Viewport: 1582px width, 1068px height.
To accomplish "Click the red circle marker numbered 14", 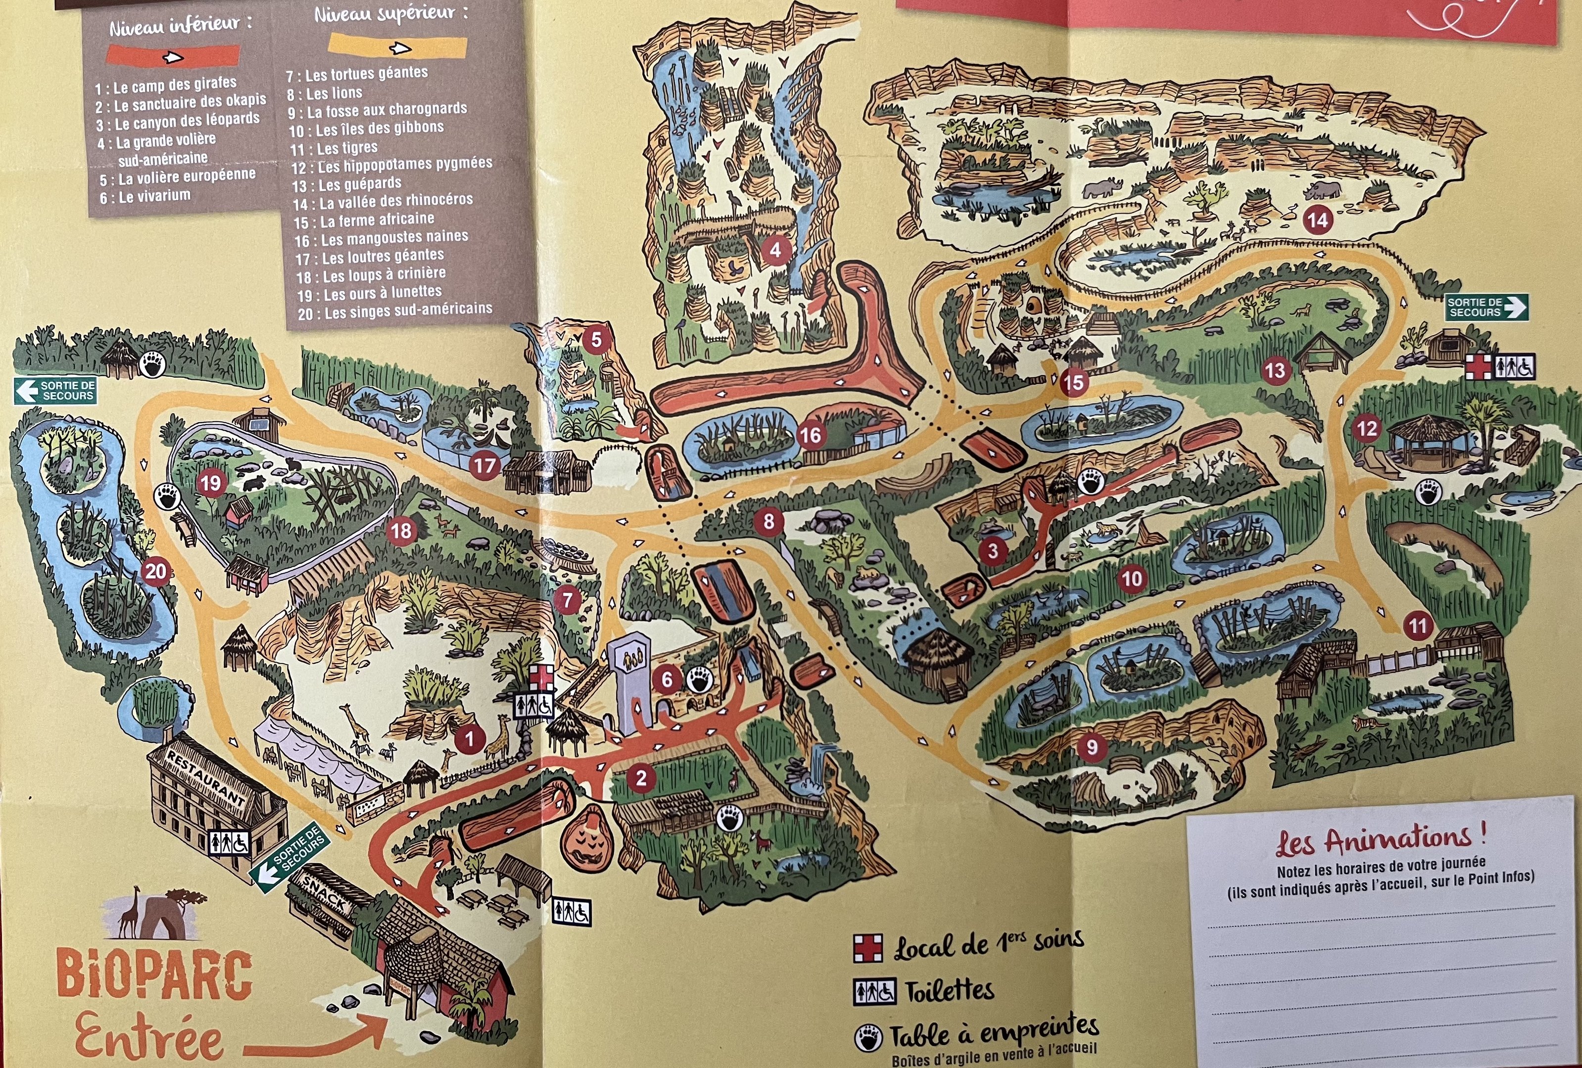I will (x=1317, y=220).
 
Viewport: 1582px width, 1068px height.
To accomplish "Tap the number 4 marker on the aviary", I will (x=774, y=250).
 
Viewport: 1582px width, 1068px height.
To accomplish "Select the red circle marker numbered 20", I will (x=155, y=571).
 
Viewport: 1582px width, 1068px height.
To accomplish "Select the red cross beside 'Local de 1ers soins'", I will (x=868, y=947).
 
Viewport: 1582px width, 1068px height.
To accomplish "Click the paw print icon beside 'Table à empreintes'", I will (x=868, y=1038).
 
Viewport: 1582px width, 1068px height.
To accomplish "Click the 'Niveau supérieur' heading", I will (x=391, y=14).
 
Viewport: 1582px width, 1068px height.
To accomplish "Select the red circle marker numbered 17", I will (x=484, y=466).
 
